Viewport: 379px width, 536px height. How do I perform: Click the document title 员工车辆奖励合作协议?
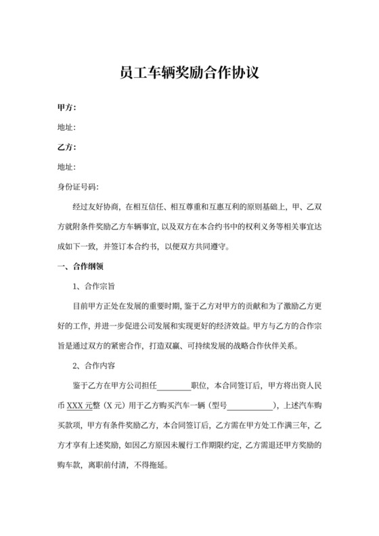point(189,72)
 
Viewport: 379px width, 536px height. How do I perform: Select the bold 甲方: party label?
point(66,107)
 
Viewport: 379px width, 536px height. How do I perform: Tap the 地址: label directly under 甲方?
point(66,127)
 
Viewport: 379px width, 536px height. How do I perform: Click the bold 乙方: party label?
point(66,147)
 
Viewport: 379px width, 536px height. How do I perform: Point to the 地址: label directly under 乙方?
point(66,166)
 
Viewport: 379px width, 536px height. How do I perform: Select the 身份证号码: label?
point(79,186)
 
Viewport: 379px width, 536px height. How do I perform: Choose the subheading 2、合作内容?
point(97,365)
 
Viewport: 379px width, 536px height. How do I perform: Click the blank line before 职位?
point(174,386)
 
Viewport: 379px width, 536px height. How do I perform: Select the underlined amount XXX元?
point(81,405)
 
